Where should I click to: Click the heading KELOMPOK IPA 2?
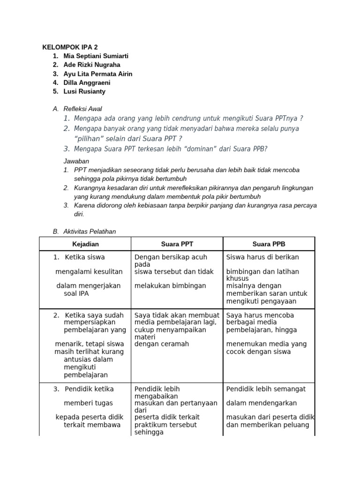(70, 47)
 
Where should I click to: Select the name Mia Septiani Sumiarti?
(96, 56)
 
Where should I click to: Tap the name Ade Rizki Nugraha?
(92, 65)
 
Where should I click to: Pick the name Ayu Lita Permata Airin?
(98, 74)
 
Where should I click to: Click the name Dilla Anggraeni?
(87, 83)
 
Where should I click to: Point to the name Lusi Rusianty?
(84, 92)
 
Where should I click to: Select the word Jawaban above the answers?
(76, 161)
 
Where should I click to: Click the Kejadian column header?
(85, 244)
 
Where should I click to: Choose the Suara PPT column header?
(177, 244)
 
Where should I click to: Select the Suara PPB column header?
(269, 244)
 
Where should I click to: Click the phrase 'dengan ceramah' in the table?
(162, 344)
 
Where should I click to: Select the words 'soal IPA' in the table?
(76, 293)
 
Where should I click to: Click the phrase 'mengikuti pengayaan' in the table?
(261, 301)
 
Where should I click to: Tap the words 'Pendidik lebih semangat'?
(266, 389)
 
